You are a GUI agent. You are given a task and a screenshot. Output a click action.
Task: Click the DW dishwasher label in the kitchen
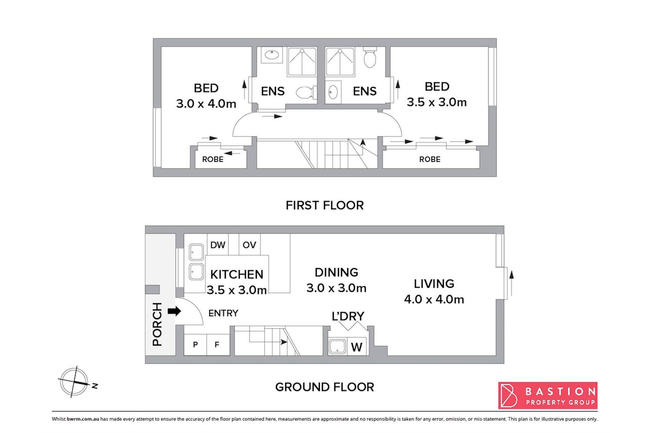[x=218, y=245]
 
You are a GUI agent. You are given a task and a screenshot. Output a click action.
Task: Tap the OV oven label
[x=249, y=245]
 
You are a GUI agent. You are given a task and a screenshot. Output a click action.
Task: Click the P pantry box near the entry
[x=195, y=344]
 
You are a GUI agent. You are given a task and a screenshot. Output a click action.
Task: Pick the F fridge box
[x=218, y=344]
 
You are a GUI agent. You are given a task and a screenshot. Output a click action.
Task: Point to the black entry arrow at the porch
[x=174, y=312]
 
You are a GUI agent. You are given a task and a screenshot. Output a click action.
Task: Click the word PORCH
[x=157, y=324]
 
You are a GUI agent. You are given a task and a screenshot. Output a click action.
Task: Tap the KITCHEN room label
[x=237, y=274]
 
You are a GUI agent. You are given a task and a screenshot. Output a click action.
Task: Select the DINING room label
[x=336, y=272]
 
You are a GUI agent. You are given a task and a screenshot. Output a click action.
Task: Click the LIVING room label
[x=434, y=284]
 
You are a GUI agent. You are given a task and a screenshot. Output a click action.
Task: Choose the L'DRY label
[x=348, y=316]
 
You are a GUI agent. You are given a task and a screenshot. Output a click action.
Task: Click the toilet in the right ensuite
[x=370, y=57]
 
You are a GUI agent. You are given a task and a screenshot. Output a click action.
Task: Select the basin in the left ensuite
[x=272, y=55]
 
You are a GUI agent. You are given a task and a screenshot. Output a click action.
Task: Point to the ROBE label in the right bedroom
[x=430, y=159]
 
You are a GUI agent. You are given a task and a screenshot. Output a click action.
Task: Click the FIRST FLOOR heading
[x=324, y=205]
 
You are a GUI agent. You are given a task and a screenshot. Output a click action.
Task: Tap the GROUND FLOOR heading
[x=324, y=387]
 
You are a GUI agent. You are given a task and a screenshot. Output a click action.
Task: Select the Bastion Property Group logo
[x=548, y=395]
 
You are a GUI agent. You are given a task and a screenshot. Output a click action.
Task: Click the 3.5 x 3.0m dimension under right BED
[x=436, y=102]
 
